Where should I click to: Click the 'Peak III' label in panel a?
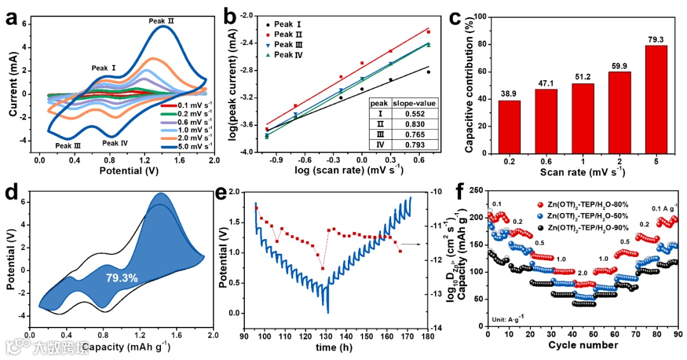pos(68,146)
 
